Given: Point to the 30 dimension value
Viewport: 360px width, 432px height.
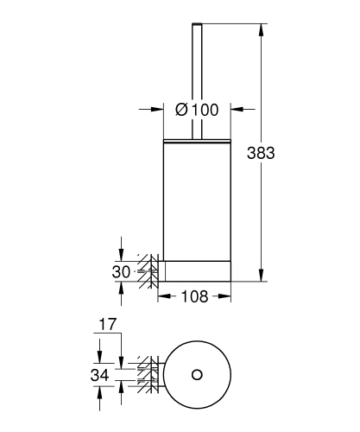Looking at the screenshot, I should pyautogui.click(x=121, y=271).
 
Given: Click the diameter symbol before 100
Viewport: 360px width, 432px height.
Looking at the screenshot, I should pyautogui.click(x=181, y=110).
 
